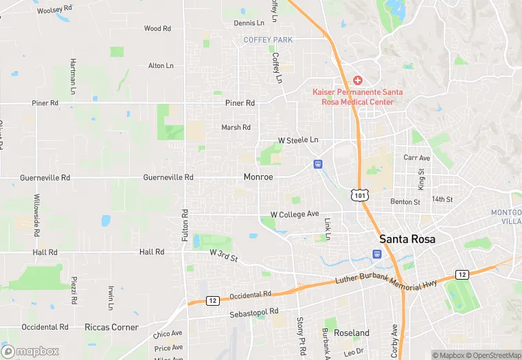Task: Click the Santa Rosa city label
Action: coord(411,240)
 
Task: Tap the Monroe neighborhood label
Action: coord(258,177)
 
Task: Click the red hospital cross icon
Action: coord(358,80)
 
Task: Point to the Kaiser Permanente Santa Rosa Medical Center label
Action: coord(358,97)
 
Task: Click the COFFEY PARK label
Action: coord(268,40)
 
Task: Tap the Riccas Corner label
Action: coord(111,328)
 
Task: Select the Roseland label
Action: coord(352,333)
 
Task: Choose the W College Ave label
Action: coord(295,214)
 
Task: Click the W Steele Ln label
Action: coord(298,140)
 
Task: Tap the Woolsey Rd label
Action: coord(54,10)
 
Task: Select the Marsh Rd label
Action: coord(236,127)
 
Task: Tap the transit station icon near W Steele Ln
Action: coord(318,164)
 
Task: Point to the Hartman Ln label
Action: coord(73,76)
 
